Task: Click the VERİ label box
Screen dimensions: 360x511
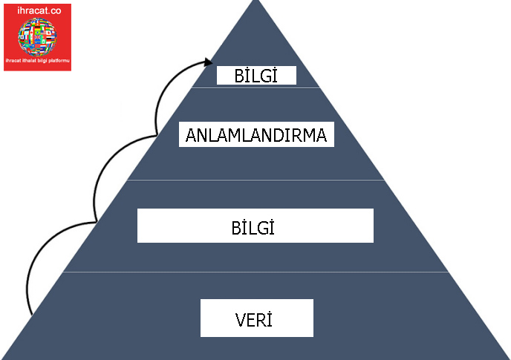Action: click(x=257, y=318)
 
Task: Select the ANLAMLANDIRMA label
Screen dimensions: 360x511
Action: click(x=257, y=137)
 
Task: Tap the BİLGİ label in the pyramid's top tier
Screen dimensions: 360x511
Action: click(x=256, y=76)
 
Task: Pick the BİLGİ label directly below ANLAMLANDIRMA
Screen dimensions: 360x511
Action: click(x=255, y=226)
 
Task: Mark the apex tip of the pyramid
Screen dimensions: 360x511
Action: click(x=256, y=1)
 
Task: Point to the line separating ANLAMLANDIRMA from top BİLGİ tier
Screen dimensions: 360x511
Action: click(x=256, y=88)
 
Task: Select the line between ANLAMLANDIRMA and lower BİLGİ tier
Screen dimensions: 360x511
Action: click(x=256, y=180)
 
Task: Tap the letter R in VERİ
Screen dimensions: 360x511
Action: click(x=260, y=321)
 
